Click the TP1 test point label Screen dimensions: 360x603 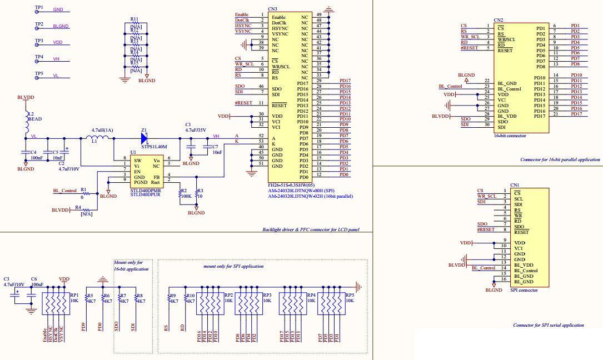[x=39, y=8]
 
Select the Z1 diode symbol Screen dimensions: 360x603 [x=144, y=137]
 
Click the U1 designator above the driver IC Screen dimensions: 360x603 [x=133, y=152]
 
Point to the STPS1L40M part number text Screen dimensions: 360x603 [x=154, y=147]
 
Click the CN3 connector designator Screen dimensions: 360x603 [x=272, y=9]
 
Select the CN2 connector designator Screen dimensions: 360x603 [x=499, y=20]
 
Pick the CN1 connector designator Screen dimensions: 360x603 [x=515, y=185]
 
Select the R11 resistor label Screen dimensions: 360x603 [x=134, y=19]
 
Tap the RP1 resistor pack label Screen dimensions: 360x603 [x=74, y=296]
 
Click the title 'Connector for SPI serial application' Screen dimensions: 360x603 [x=548, y=325]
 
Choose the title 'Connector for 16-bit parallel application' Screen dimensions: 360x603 [x=560, y=159]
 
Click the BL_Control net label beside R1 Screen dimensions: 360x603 [x=64, y=191]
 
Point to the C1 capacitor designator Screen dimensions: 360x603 [x=188, y=124]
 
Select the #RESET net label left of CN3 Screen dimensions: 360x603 [x=243, y=103]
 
